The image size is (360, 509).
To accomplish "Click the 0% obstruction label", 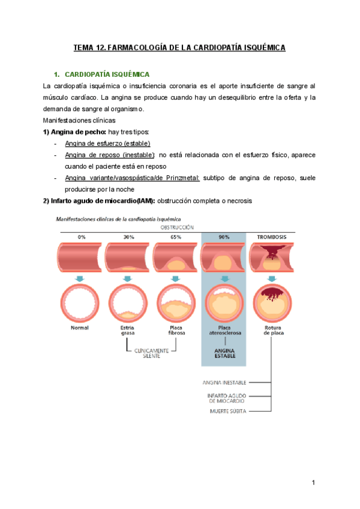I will (x=82, y=237).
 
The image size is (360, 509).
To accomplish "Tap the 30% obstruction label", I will (x=128, y=237).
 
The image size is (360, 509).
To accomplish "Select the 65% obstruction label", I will (x=176, y=237).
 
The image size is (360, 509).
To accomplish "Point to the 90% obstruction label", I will (x=224, y=237).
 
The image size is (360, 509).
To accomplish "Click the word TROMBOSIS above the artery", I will (x=271, y=237).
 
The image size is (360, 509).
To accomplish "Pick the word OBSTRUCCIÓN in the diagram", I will (x=176, y=228).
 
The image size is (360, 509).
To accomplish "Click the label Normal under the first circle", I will (x=80, y=328).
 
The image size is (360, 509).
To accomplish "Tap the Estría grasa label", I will (x=127, y=330).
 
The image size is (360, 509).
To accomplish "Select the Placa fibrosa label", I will (x=176, y=330).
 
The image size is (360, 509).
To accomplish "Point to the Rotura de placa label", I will (x=272, y=330).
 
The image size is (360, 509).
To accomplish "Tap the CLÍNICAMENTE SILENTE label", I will (x=151, y=353).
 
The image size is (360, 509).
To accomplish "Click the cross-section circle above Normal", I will (x=80, y=303).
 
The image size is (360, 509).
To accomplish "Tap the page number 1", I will (x=313, y=483).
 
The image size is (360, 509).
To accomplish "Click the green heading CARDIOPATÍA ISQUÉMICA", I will (x=106, y=74).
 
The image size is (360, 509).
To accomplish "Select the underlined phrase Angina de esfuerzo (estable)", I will (x=107, y=143).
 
